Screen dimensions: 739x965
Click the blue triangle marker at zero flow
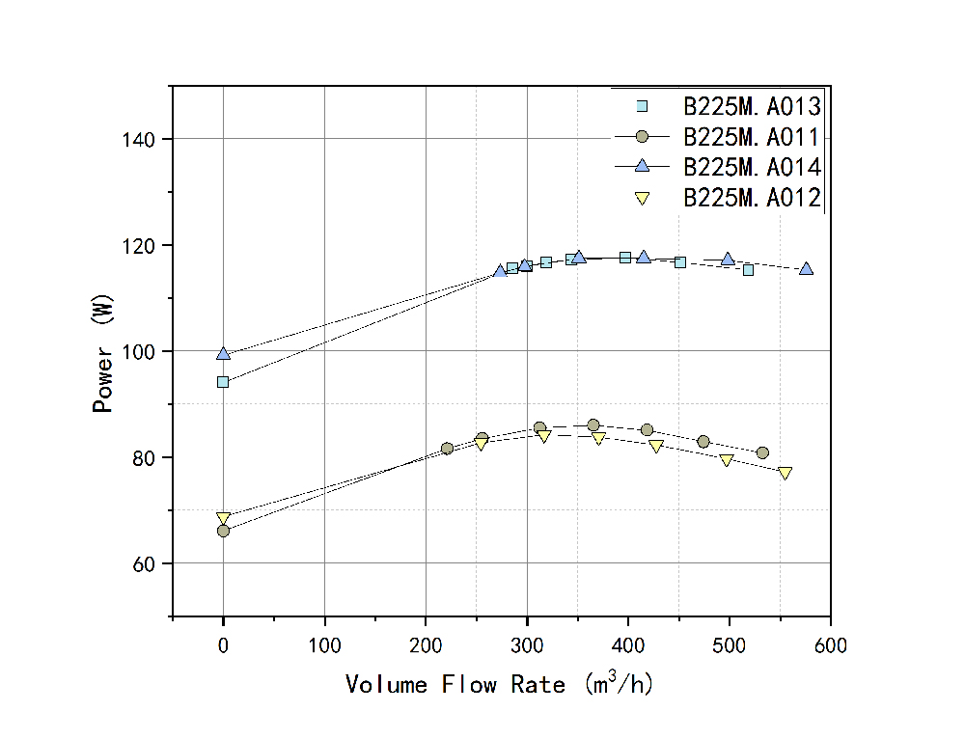224,354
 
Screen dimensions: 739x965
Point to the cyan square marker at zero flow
224,382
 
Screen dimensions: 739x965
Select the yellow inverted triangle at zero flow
224,518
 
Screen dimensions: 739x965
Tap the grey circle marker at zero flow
224,531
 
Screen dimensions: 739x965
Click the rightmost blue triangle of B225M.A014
807,269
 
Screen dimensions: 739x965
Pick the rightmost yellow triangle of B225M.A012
786,474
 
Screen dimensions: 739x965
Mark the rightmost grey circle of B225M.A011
763,452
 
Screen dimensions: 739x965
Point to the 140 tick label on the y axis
140,140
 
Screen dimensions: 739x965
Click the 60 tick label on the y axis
145,563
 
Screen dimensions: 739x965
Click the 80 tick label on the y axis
145,457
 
